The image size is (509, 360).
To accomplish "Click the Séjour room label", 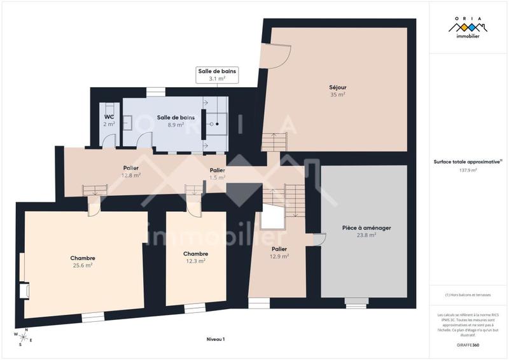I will (x=337, y=87).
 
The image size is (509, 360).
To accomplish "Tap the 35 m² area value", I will (x=337, y=95).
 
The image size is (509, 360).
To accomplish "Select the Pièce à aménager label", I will (x=357, y=227).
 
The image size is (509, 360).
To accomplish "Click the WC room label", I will (x=109, y=117).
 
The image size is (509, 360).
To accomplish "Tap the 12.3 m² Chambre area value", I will (x=195, y=261).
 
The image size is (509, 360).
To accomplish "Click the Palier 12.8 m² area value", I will (x=132, y=176).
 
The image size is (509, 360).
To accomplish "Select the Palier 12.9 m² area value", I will (x=279, y=256).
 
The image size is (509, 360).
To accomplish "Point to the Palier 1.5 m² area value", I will (x=218, y=178).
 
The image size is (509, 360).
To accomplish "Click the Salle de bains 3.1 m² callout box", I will (x=217, y=75).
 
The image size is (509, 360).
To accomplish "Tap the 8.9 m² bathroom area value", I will (x=176, y=125).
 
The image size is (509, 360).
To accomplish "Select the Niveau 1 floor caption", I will (x=216, y=340).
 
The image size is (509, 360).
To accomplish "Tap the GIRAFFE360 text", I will (x=468, y=344).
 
